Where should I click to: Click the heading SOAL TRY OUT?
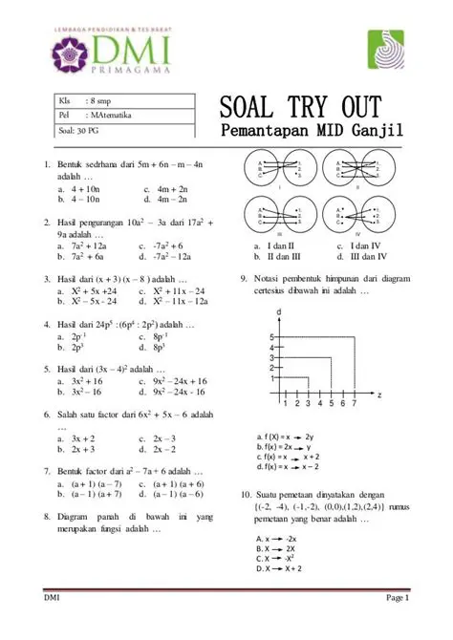click(302, 106)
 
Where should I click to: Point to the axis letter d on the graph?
click(278, 313)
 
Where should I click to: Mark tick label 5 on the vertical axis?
click(271, 337)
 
